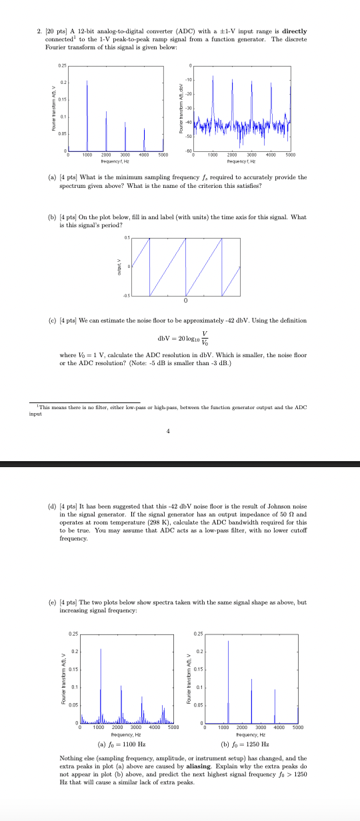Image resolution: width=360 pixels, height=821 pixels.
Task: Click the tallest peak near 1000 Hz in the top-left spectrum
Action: click(x=87, y=83)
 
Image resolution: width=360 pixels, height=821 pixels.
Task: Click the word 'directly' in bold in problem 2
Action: click(x=293, y=31)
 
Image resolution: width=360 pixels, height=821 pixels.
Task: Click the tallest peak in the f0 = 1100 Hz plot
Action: click(x=101, y=649)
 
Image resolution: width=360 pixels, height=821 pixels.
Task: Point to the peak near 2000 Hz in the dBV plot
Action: click(x=232, y=80)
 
